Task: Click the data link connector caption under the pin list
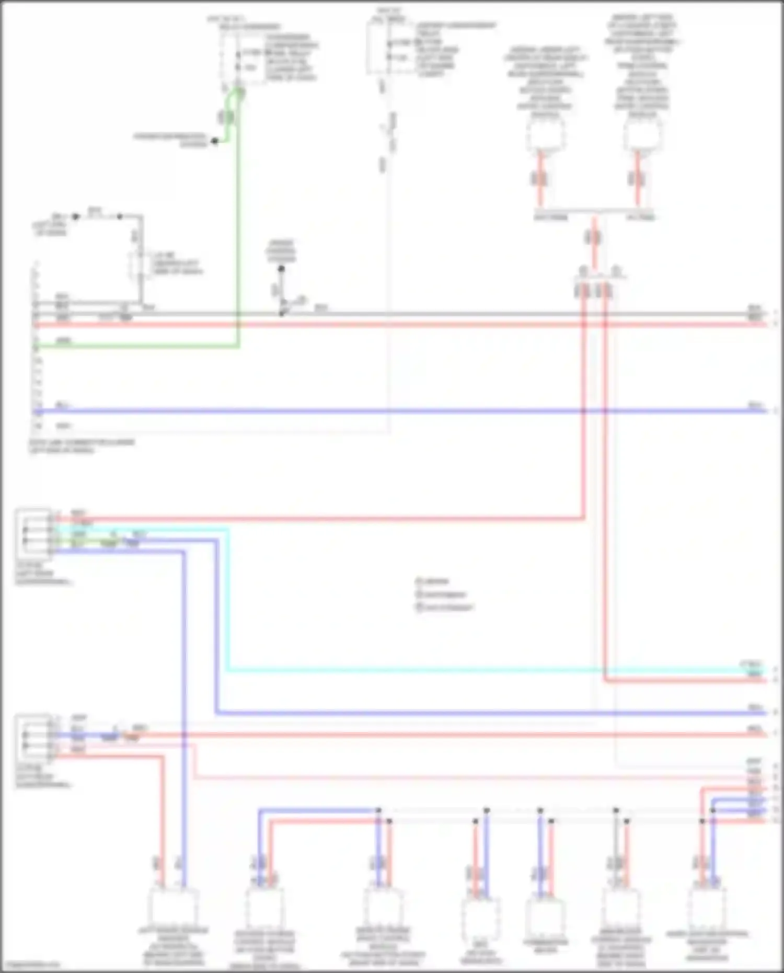pos(82,445)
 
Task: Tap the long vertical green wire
pos(238,220)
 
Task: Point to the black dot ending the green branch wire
pos(214,141)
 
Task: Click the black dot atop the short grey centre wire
pos(281,269)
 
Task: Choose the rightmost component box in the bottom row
pos(707,909)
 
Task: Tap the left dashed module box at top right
pos(545,133)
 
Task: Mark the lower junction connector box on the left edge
pos(33,738)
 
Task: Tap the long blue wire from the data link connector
pos(397,411)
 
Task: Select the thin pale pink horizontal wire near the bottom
pos(470,777)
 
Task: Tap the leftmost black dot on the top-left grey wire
pos(76,216)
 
